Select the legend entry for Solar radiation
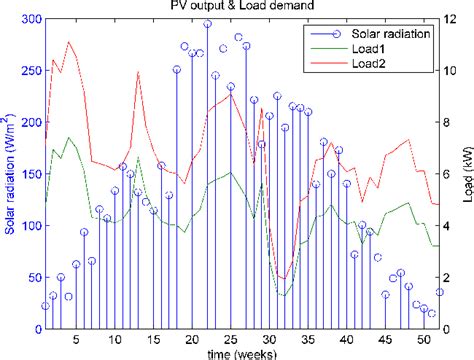click(x=390, y=33)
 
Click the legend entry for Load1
click(x=370, y=48)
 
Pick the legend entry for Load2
click(x=370, y=63)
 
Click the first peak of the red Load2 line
click(x=68, y=42)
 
